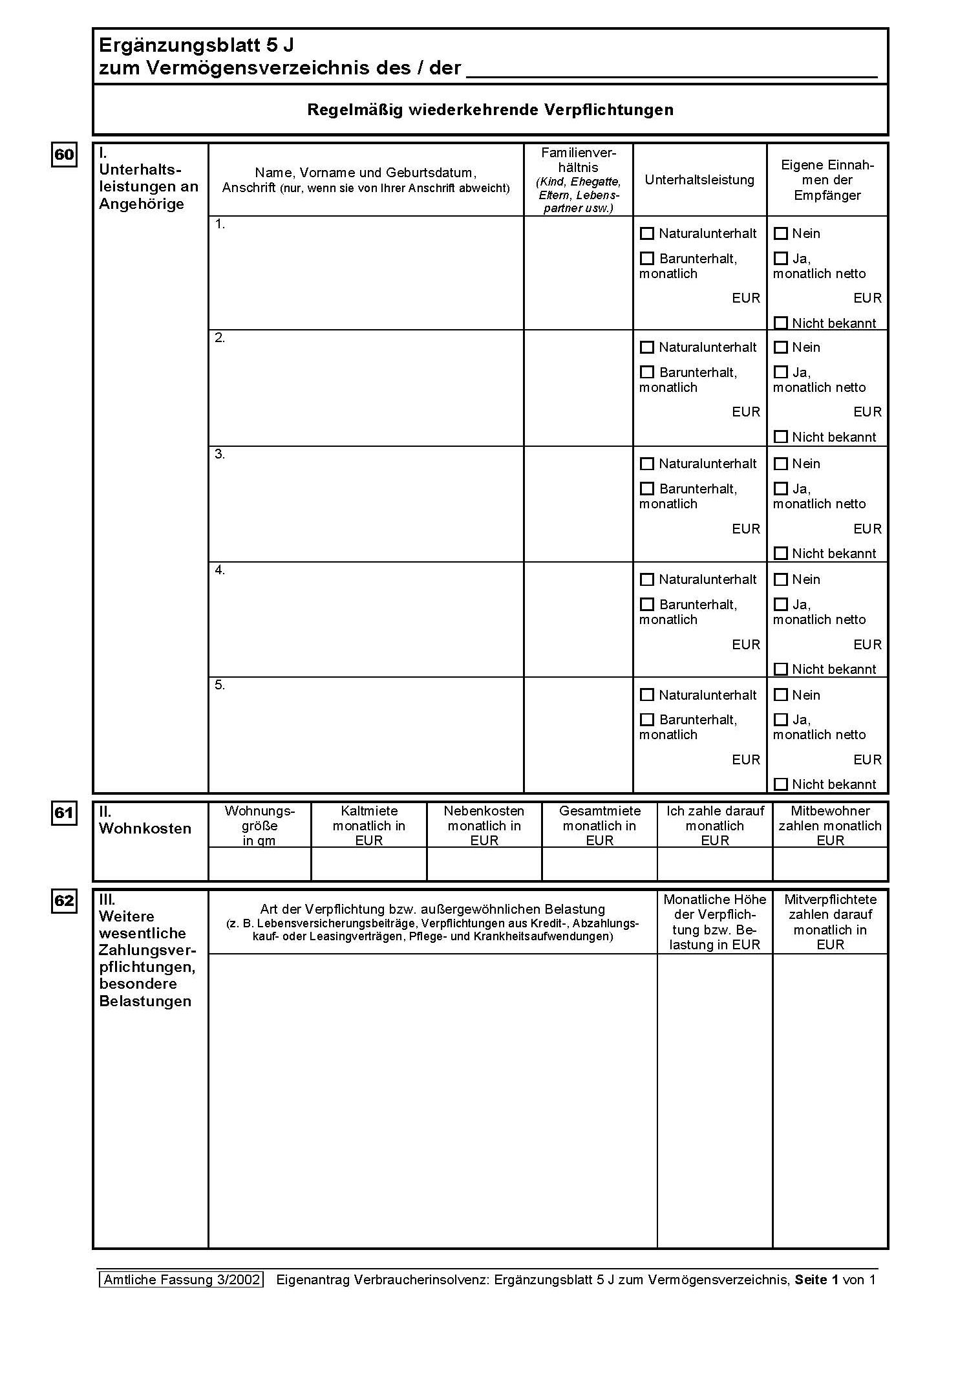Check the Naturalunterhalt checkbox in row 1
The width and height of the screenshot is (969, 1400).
[646, 233]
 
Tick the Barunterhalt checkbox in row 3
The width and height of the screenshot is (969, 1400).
[646, 489]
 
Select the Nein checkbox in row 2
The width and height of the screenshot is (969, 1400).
[781, 347]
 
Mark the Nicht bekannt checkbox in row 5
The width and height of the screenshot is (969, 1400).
[781, 784]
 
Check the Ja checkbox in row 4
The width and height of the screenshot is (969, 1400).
[781, 605]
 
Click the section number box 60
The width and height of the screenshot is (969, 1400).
[64, 155]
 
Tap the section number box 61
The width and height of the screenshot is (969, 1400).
[64, 813]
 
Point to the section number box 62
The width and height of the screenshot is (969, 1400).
[64, 901]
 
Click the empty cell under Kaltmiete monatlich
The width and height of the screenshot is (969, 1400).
[368, 864]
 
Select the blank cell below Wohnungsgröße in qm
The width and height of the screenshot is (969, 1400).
[259, 864]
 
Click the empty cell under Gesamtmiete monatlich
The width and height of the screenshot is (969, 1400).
[599, 864]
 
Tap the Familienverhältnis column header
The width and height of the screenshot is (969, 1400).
[579, 180]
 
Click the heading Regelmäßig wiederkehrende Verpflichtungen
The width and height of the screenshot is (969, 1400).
[490, 110]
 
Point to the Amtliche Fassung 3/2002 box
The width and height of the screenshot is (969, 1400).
[182, 1279]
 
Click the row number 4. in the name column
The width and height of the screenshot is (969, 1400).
[220, 570]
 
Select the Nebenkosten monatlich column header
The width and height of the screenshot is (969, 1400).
[484, 825]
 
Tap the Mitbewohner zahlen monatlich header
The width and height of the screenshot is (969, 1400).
[830, 825]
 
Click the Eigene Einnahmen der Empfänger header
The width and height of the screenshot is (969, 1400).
[827, 180]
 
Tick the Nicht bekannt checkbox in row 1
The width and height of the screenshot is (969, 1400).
[781, 323]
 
